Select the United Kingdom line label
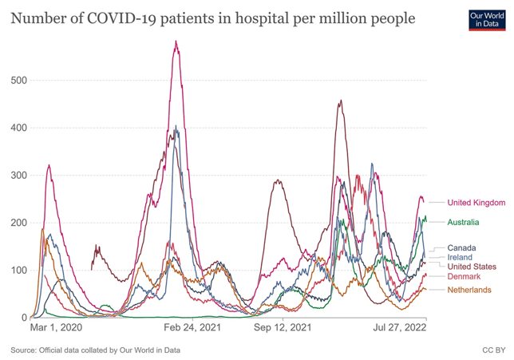[x=476, y=203]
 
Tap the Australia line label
[x=463, y=222]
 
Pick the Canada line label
[x=461, y=247]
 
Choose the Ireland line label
[x=460, y=257]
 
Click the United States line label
[x=472, y=267]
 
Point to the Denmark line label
[x=464, y=276]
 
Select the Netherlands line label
[x=469, y=290]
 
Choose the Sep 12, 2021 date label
[x=282, y=327]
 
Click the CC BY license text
[x=493, y=350]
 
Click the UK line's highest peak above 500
[x=176, y=42]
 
